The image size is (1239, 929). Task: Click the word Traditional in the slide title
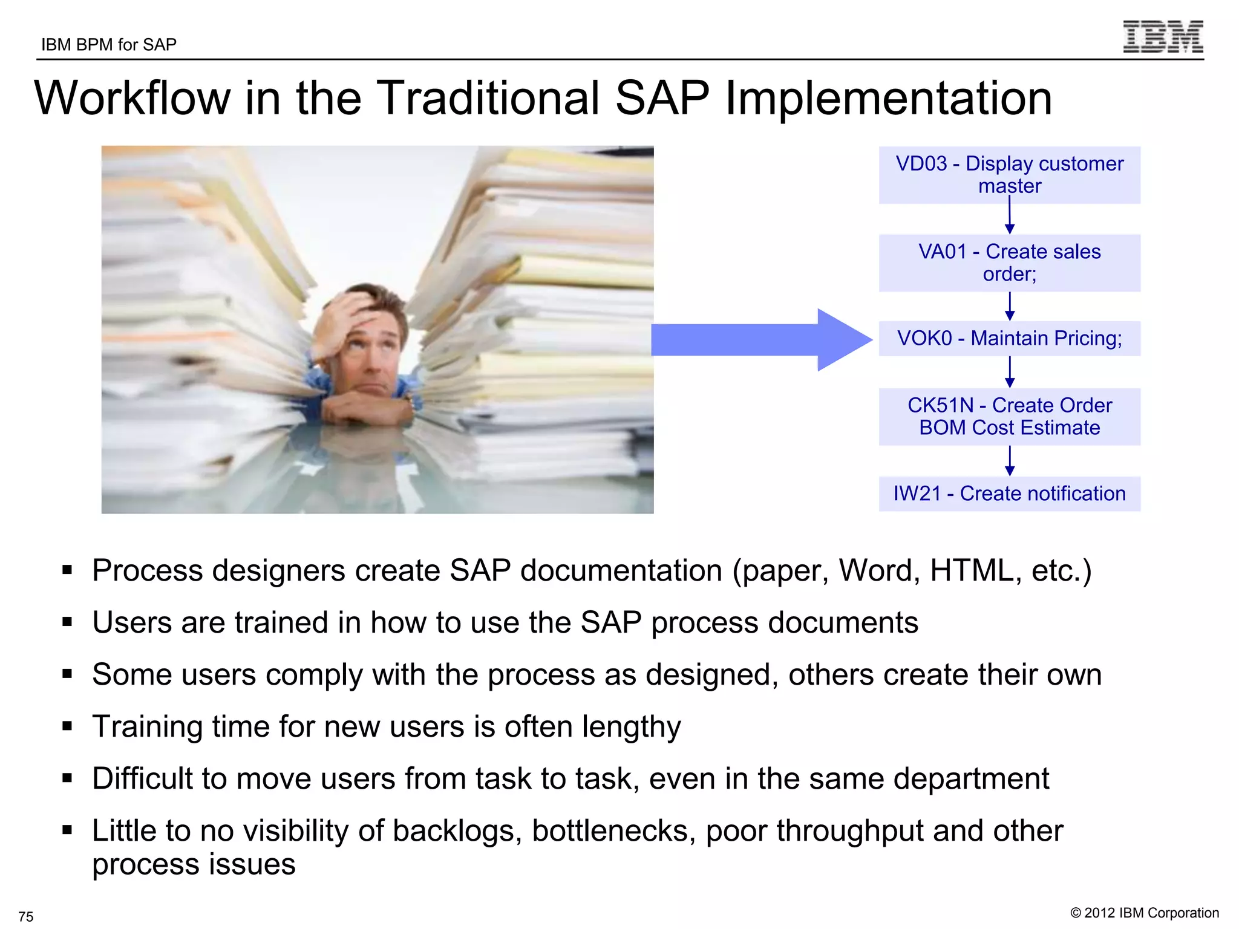click(x=489, y=98)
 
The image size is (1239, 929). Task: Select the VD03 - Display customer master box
click(x=1009, y=175)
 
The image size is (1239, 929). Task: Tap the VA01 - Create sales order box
click(x=1009, y=263)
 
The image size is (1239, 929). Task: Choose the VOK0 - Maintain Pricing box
click(x=1009, y=339)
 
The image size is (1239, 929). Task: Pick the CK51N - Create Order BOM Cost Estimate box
click(x=1009, y=417)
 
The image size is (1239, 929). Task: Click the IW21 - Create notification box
click(x=1009, y=494)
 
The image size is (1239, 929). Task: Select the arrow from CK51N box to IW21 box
click(x=1009, y=461)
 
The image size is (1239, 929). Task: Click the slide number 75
click(x=26, y=916)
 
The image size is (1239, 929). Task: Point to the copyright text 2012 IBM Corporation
click(x=1145, y=913)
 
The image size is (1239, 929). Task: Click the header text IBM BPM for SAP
click(x=109, y=45)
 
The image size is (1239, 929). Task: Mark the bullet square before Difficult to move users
click(x=67, y=778)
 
